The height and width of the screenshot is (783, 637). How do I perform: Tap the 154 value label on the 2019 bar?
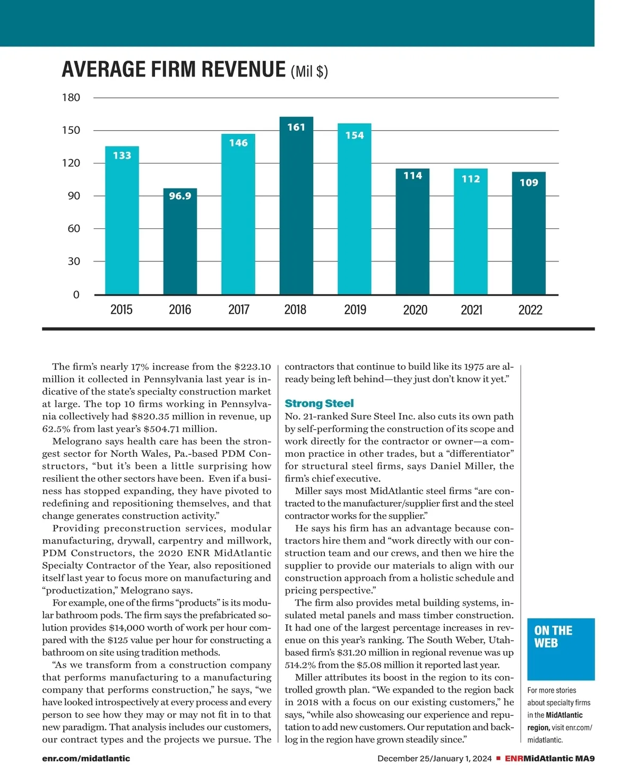click(x=355, y=135)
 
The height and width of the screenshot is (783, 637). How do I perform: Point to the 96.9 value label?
click(x=180, y=196)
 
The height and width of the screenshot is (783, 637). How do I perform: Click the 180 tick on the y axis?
click(x=71, y=98)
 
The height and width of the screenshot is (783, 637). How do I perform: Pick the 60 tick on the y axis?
click(x=74, y=228)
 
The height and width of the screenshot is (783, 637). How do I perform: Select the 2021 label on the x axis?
click(x=471, y=310)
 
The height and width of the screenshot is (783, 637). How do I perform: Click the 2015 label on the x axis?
click(x=122, y=310)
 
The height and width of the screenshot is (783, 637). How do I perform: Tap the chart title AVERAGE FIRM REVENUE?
click(x=174, y=70)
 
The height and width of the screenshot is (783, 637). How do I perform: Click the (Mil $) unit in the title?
click(x=309, y=71)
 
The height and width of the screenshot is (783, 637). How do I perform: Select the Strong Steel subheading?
click(x=319, y=403)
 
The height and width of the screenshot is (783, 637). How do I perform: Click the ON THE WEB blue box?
click(x=561, y=649)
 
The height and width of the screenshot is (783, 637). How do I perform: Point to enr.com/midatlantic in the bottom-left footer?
click(x=86, y=759)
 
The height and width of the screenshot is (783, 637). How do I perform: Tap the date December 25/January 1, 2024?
click(x=435, y=759)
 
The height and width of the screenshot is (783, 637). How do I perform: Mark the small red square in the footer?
click(x=498, y=758)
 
